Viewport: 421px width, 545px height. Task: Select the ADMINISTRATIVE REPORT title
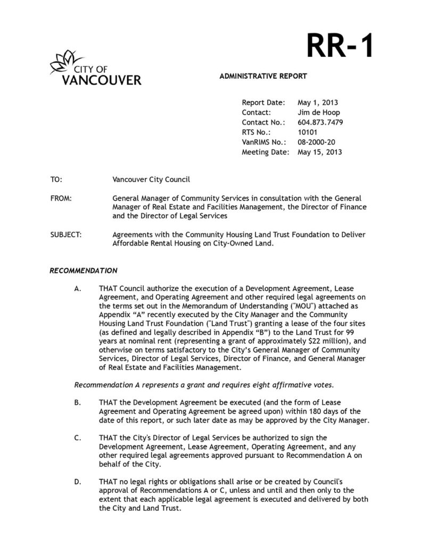[263, 76]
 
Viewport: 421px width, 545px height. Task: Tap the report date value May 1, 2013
[318, 103]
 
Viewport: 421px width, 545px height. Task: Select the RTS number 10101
[308, 132]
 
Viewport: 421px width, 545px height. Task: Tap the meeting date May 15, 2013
[320, 152]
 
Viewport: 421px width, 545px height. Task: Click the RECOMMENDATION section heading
[84, 271]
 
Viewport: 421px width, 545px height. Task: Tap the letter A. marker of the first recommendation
[78, 289]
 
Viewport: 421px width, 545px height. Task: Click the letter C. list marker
[78, 438]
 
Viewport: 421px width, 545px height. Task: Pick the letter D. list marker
[78, 482]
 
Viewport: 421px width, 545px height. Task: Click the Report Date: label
[263, 103]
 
